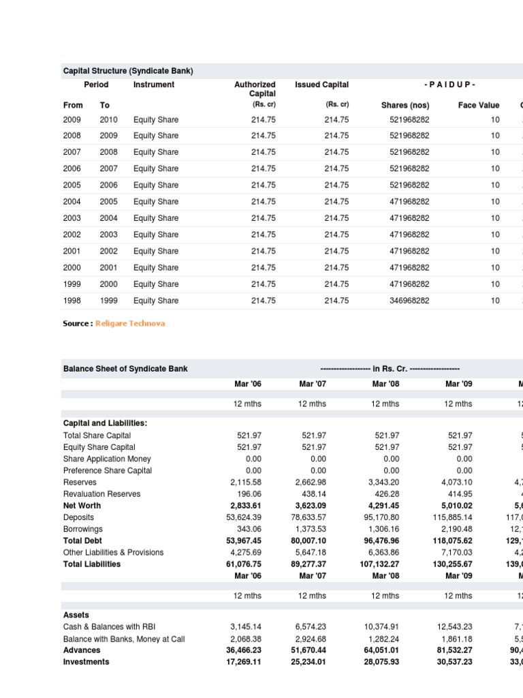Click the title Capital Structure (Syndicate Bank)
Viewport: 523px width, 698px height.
[128, 70]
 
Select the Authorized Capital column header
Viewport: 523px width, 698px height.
[255, 89]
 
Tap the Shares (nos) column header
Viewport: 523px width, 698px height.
[405, 105]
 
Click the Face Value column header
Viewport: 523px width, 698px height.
[479, 105]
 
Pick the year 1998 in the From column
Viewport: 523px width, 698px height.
[72, 301]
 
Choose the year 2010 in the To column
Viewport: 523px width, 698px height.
[108, 119]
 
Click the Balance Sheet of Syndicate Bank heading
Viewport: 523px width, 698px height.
[125, 369]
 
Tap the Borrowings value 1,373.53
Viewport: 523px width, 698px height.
[313, 529]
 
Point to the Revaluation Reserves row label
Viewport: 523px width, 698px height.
[101, 494]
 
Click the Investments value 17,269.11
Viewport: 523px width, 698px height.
[245, 661]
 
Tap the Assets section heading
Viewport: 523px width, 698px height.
[76, 615]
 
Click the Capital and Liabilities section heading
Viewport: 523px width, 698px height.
[105, 423]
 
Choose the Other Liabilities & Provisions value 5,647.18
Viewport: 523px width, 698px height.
[313, 553]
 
